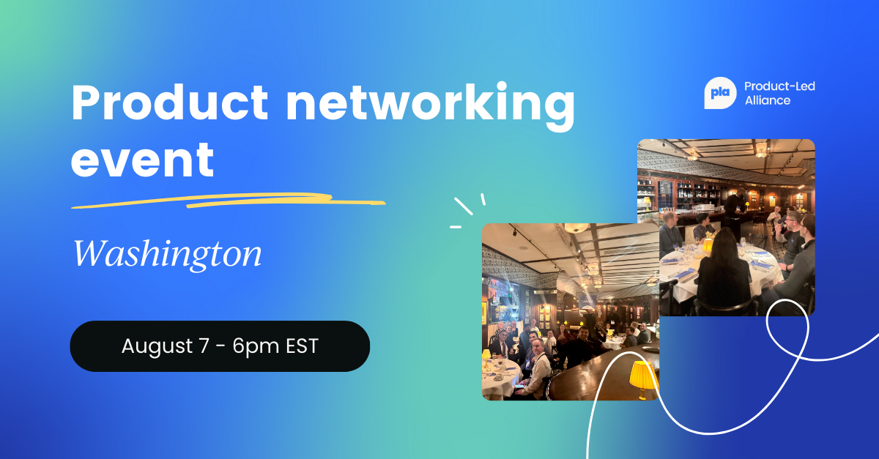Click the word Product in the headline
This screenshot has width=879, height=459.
(x=169, y=102)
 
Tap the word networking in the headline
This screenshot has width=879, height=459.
(x=431, y=106)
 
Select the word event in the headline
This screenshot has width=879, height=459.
(x=142, y=160)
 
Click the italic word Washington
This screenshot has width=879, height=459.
(x=168, y=254)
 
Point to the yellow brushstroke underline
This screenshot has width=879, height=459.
(x=228, y=201)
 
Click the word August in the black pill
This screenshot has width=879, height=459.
(x=157, y=346)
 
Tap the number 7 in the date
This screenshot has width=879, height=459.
(x=204, y=346)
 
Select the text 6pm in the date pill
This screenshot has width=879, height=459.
(x=256, y=346)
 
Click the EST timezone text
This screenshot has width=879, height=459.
(x=302, y=346)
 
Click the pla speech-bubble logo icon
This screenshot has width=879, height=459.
(x=720, y=93)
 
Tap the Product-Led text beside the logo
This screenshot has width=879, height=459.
(x=779, y=86)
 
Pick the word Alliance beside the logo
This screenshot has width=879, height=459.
(x=768, y=100)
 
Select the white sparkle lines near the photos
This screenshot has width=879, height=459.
(x=468, y=210)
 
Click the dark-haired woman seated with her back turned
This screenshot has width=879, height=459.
(x=724, y=272)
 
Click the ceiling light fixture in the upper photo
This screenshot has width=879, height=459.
(x=760, y=149)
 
